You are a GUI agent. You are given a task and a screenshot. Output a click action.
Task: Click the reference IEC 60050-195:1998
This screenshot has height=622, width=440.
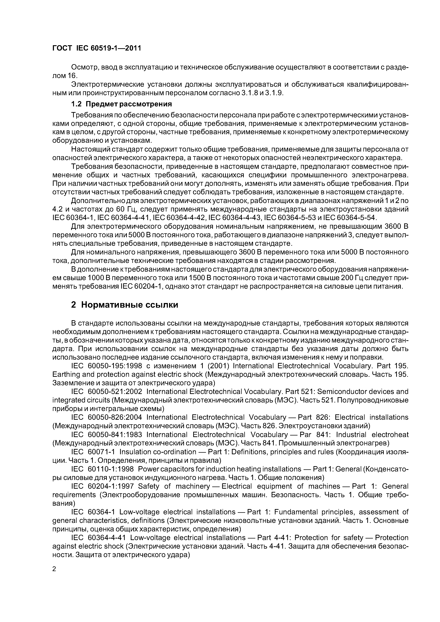(107, 366)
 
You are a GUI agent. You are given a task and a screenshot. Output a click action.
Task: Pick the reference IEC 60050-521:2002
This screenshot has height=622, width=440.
(107, 392)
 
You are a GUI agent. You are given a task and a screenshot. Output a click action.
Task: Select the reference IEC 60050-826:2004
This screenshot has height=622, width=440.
(107, 417)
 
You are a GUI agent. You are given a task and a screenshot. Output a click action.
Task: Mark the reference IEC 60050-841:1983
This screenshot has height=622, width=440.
(107, 435)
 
